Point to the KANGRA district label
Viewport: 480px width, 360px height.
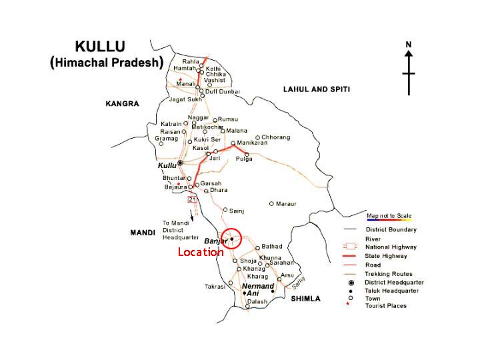point(121,103)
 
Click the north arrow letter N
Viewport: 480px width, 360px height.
point(409,45)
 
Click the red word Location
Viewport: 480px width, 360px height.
point(200,252)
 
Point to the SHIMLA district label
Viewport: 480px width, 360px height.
point(306,299)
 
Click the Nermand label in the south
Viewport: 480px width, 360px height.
point(258,285)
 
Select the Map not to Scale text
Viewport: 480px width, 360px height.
point(389,215)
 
